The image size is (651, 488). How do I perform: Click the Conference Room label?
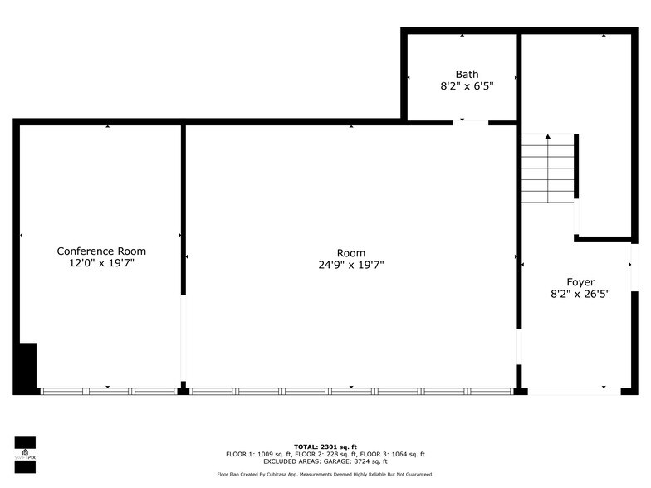tap(101, 251)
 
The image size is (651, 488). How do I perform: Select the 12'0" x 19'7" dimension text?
tap(101, 263)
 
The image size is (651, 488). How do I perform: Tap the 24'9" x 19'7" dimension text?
tap(350, 266)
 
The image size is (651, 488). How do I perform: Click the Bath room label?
tap(467, 74)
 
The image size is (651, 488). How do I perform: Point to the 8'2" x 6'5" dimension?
tap(467, 85)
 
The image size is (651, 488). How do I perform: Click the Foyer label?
tap(580, 282)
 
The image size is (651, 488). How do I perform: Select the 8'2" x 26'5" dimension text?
tap(580, 294)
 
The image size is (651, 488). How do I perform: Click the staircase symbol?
tap(548, 170)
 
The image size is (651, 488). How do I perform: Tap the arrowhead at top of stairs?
tap(547, 137)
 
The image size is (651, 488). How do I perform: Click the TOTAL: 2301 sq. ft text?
tap(325, 447)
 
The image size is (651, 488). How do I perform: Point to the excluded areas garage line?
tap(325, 461)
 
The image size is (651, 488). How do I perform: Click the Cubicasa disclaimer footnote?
tap(325, 475)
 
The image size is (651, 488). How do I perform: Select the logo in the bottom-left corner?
tap(25, 454)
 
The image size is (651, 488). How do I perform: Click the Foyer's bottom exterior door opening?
tap(574, 391)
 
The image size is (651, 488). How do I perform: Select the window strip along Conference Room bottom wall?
tap(108, 391)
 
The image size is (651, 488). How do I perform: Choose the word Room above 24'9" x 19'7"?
tap(350, 253)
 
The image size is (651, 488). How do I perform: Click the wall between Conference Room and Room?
tap(183, 207)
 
